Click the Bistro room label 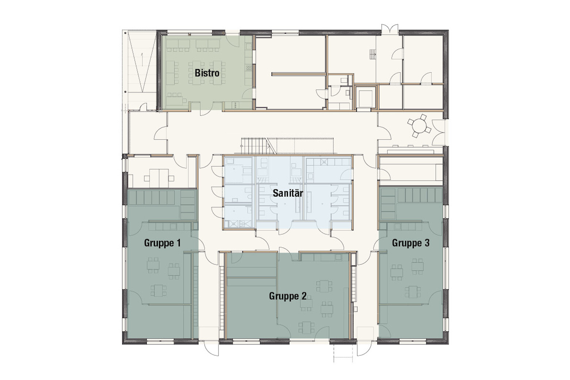(207, 73)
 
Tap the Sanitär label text (288, 193)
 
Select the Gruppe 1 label (162, 243)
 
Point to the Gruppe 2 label (288, 296)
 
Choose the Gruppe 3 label (410, 243)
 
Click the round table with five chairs (419, 126)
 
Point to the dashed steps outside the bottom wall (343, 353)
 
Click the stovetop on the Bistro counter (248, 68)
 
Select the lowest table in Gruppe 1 (159, 290)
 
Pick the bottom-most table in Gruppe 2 (306, 328)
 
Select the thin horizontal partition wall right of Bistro (299, 74)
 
